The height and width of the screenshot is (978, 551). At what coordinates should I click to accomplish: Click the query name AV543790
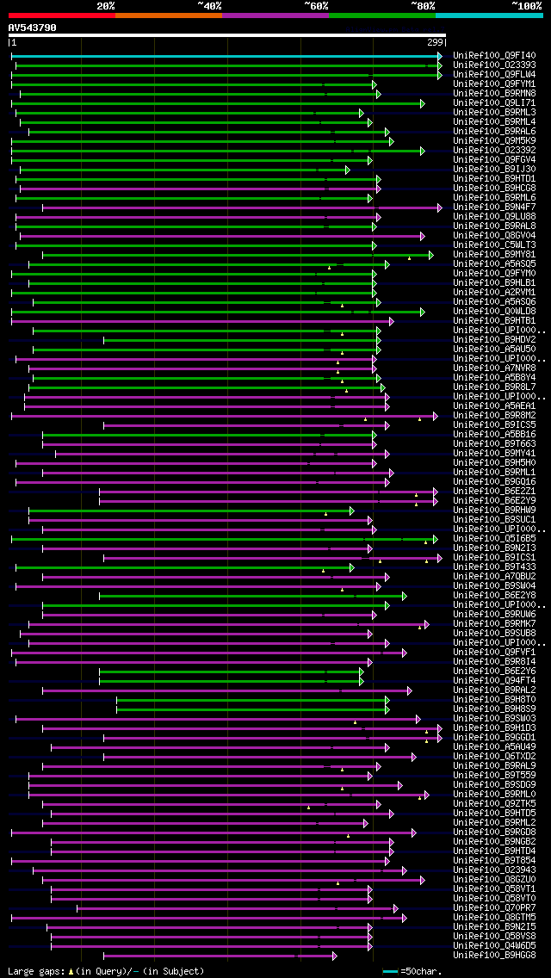(x=32, y=28)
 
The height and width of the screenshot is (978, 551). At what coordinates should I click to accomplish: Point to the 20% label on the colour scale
(x=106, y=6)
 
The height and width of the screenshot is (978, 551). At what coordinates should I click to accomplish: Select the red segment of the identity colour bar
(x=61, y=15)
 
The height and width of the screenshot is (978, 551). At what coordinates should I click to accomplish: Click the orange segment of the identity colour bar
(x=168, y=15)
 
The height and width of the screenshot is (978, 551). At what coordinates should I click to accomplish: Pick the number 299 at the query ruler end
(x=435, y=42)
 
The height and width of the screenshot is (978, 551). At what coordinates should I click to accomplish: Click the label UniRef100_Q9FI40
(x=494, y=55)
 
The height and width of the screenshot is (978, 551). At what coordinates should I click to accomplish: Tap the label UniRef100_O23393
(x=494, y=65)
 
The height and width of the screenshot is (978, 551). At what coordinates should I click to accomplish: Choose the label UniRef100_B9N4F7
(x=494, y=207)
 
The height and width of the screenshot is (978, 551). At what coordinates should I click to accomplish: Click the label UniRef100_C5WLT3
(x=494, y=245)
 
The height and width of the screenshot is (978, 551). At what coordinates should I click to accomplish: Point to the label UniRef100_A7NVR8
(x=494, y=368)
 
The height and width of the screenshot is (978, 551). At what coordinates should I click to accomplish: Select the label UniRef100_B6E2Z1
(x=494, y=492)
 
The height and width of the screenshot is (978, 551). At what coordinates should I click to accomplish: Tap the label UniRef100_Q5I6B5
(x=494, y=539)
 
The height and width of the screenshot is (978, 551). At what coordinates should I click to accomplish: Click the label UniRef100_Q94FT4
(x=494, y=681)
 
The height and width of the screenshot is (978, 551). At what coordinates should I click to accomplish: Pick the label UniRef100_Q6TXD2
(x=494, y=757)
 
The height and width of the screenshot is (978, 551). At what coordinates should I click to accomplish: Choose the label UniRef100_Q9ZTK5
(x=494, y=804)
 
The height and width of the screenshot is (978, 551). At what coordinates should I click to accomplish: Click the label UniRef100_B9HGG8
(x=494, y=956)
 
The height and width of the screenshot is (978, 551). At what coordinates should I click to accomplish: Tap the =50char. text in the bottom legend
(x=421, y=971)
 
